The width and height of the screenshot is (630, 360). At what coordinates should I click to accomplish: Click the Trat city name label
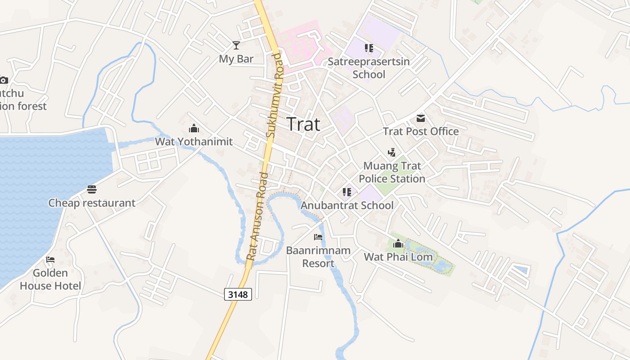coord(303,124)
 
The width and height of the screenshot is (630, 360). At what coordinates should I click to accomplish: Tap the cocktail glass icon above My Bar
coord(236,45)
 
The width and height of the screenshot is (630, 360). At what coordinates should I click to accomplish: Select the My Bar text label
coord(236,59)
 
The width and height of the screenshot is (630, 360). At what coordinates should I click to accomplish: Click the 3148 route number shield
coord(238,294)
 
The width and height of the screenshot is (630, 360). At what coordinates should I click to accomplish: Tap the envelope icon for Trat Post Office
coord(421,118)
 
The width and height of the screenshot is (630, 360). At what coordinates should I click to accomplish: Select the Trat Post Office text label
coord(421,131)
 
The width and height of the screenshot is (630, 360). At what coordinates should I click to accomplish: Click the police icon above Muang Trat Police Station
coord(392,153)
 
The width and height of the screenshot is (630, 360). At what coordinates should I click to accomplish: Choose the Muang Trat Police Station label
coord(392,172)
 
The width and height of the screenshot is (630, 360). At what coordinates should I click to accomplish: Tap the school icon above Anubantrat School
coord(346,193)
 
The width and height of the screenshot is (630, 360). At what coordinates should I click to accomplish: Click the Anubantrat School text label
coord(347,206)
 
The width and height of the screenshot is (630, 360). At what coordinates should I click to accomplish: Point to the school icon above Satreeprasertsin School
coord(369,48)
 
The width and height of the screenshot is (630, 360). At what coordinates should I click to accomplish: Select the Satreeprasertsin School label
coord(369,67)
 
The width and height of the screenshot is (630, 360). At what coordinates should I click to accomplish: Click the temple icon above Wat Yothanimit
coord(194,128)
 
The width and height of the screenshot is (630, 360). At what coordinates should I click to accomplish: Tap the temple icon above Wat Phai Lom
coord(398,244)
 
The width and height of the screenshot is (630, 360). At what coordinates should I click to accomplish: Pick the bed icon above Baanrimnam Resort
coord(318,237)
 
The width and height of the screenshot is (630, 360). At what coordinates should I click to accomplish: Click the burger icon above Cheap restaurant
coord(92,189)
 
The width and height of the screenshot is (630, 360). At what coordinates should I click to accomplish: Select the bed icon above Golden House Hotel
coord(50,260)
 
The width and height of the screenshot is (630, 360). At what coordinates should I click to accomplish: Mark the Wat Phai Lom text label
coord(398,257)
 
